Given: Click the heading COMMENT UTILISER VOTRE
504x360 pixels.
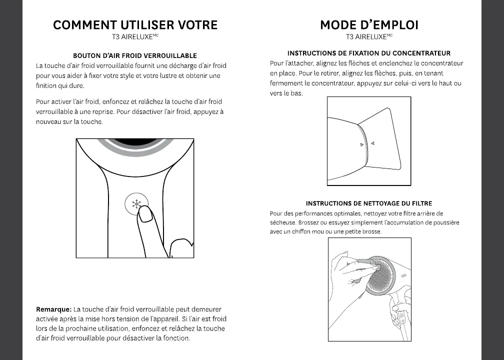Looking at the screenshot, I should click(x=135, y=25).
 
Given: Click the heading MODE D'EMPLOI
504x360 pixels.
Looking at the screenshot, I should click(x=369, y=25).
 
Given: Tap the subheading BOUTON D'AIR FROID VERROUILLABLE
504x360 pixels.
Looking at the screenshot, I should click(x=135, y=55).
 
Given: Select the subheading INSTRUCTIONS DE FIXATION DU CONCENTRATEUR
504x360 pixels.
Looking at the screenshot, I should click(x=369, y=53).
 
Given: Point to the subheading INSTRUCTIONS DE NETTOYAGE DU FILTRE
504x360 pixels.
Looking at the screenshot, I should click(x=369, y=203).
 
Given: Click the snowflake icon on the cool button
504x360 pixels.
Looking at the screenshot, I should click(x=136, y=203).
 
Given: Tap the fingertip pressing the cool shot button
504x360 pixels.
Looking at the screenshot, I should click(x=145, y=215).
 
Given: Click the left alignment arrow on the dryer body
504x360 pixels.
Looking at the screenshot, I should click(x=362, y=145).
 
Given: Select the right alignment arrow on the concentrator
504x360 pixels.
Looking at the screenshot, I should click(x=372, y=143).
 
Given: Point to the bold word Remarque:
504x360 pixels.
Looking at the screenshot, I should click(x=54, y=309).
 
